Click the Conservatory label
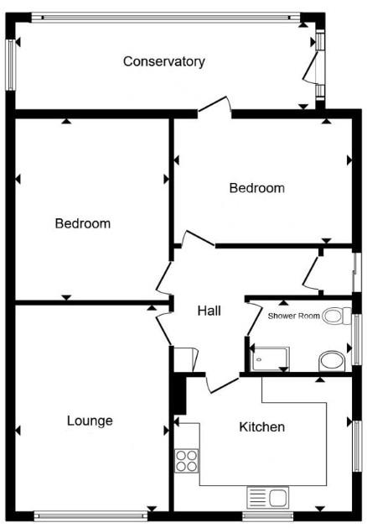[164, 61]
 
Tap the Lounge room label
[90, 421]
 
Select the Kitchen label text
[262, 427]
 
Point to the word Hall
[209, 311]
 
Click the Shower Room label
[294, 316]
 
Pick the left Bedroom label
[83, 223]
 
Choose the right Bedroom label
[256, 188]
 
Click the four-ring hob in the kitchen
[186, 461]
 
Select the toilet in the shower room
[335, 316]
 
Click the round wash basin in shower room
[332, 361]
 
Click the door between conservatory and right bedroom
[215, 107]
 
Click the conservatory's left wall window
[11, 62]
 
